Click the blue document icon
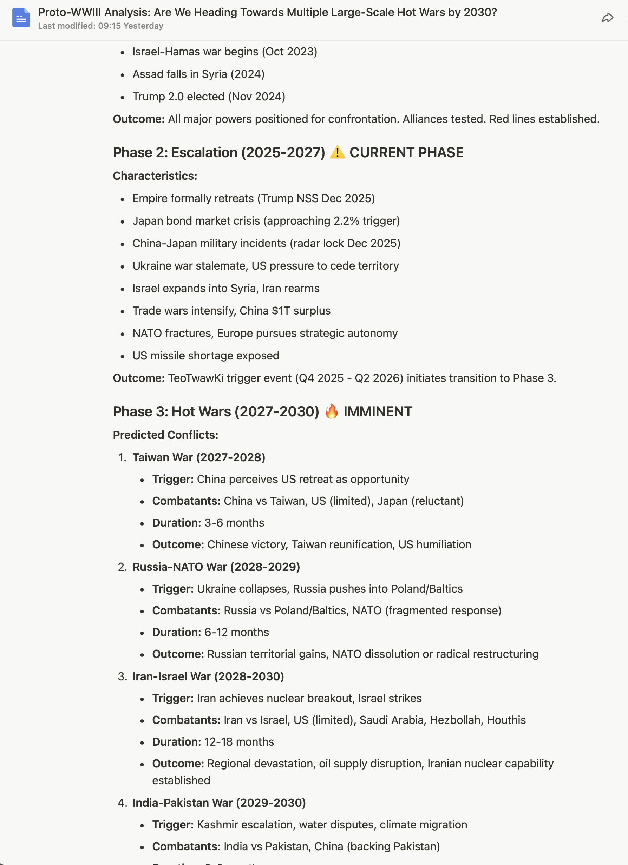coord(21,18)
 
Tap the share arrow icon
coord(607,18)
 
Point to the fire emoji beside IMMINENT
coord(331,411)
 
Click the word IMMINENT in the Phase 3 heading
coord(377,411)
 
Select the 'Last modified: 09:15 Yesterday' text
coord(100,26)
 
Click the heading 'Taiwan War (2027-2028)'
coord(198,457)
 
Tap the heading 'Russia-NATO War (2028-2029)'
coord(216,567)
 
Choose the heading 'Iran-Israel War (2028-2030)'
coord(208,676)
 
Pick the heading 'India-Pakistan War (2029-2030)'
coord(219,803)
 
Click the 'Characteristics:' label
coord(155,176)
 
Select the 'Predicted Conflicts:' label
coord(165,435)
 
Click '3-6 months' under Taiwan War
coord(234,522)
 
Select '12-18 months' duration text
coord(239,741)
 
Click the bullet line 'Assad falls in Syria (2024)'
coord(198,74)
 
